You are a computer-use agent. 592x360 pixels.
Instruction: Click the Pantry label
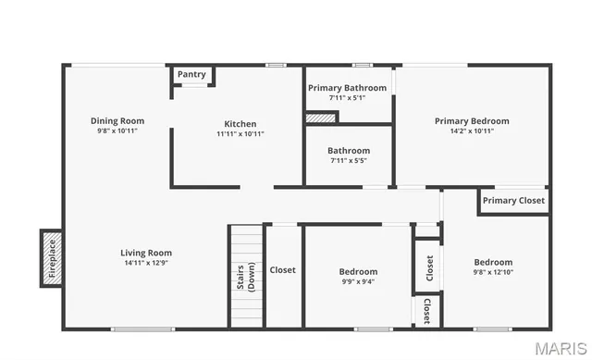[x=191, y=74]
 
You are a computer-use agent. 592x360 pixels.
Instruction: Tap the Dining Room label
[x=117, y=120]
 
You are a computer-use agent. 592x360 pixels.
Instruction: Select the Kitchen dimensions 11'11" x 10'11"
[x=240, y=134]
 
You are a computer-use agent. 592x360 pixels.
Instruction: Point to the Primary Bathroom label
[x=348, y=87]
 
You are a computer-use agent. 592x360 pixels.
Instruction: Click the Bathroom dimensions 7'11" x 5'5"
[x=348, y=160]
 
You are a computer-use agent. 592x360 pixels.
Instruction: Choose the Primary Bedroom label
[x=472, y=120]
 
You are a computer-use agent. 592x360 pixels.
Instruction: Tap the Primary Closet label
[x=513, y=200]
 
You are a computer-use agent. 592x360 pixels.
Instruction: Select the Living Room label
[x=146, y=253]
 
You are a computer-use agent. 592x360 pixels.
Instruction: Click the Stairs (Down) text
[x=245, y=277]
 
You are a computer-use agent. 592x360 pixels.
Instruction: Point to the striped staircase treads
[x=246, y=242]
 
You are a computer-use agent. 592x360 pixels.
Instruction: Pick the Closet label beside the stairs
[x=283, y=270]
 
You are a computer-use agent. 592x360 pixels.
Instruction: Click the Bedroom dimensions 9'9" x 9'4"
[x=357, y=282]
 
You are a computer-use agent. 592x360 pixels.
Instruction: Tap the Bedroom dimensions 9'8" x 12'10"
[x=493, y=272]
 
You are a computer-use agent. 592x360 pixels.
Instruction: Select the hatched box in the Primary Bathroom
[x=321, y=118]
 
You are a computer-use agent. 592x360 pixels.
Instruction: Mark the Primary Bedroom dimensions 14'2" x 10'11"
[x=472, y=130]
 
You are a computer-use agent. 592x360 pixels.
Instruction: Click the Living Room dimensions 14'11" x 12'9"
[x=146, y=263]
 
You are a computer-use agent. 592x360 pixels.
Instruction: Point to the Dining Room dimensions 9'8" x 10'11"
[x=117, y=130]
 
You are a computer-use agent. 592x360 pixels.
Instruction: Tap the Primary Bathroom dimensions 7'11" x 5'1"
[x=348, y=97]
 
